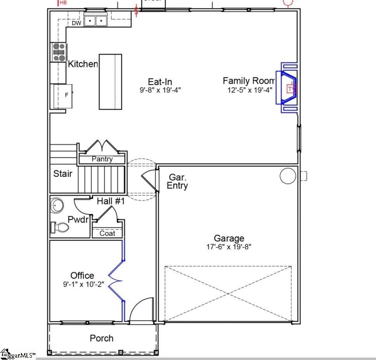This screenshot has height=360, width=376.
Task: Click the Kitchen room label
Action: (83, 64)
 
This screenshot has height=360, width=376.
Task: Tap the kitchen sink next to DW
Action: (95, 20)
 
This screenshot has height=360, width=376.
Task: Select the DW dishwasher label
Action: (76, 23)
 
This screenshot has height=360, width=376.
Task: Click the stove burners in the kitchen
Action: (59, 52)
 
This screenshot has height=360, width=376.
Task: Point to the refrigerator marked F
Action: (66, 95)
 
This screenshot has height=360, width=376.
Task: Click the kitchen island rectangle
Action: (110, 82)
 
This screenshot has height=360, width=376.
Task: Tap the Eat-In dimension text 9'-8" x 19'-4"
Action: (160, 90)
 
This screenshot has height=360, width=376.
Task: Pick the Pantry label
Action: (102, 159)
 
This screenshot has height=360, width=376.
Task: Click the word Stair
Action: (63, 174)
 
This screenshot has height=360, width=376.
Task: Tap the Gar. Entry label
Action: (177, 181)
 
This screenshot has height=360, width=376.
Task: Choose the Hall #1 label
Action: (111, 201)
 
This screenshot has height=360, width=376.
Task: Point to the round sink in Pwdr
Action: (57, 205)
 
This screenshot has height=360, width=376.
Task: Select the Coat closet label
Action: (107, 233)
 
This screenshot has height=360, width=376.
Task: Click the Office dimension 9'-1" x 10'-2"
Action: (82, 284)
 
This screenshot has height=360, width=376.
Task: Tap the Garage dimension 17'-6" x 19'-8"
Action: (229, 247)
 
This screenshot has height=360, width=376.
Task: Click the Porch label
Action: (102, 338)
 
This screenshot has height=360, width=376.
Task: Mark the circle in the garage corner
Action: (288, 176)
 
